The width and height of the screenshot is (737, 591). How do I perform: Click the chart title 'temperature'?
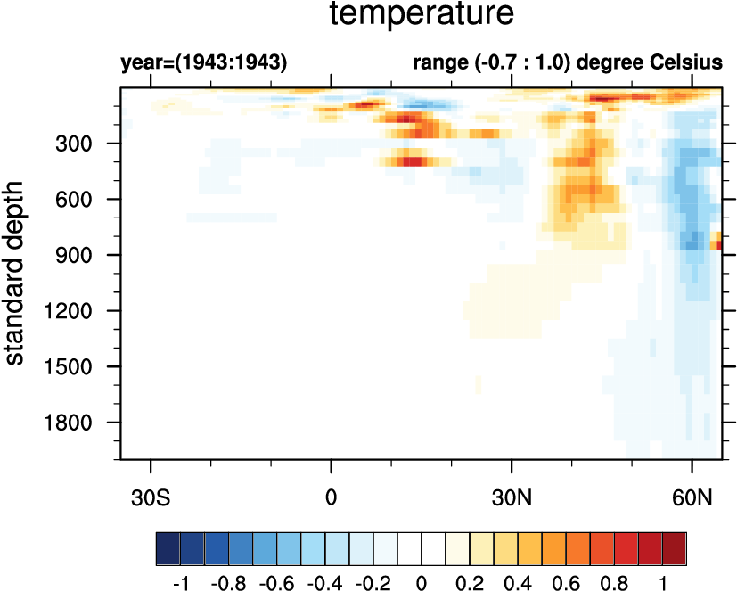422,15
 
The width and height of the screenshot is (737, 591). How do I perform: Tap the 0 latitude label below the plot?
332,493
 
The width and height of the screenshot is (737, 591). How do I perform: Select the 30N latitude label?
512,493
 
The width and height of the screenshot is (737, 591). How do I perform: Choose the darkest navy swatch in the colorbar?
168,544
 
